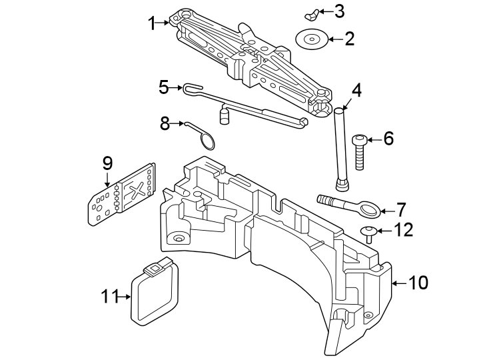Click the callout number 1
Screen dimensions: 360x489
152,23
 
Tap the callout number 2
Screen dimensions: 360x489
349,39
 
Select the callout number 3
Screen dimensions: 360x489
340,11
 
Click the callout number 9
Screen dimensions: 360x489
107,162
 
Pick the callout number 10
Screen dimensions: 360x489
418,283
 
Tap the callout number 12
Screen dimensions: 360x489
404,231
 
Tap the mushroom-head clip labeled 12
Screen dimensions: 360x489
367,233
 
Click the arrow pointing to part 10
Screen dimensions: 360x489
396,283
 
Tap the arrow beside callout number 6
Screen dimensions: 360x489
373,139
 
